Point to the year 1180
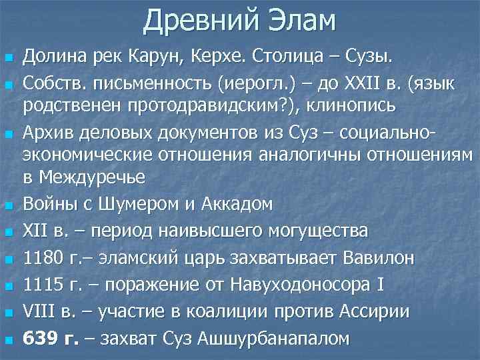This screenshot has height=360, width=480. click(42, 257)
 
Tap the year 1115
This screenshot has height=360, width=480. click(42, 284)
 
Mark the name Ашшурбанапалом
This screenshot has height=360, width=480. click(273, 338)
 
